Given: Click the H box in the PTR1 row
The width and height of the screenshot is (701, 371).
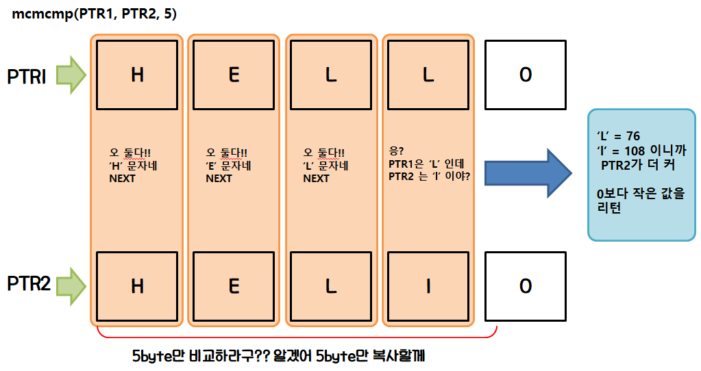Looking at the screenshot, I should point(137,75).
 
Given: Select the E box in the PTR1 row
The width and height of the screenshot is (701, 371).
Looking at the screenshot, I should point(234,75).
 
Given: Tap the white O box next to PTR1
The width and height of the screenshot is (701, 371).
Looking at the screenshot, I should point(526,75).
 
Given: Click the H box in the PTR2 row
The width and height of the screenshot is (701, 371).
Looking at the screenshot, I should point(137,285).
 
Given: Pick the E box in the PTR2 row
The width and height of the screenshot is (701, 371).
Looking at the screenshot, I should point(234,285).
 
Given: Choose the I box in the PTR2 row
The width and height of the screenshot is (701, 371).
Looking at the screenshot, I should point(428,285).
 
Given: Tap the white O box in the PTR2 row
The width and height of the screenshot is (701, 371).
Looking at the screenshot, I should point(526,285).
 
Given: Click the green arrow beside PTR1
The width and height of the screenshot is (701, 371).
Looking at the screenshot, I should point(71,75).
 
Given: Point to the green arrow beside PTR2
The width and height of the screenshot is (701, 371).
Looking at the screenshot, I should point(71,285).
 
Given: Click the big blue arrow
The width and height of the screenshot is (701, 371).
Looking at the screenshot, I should point(527,172).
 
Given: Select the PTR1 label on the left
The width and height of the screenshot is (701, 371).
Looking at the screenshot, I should point(27,76).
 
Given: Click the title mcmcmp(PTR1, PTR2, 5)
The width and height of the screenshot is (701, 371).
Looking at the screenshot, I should point(94,14).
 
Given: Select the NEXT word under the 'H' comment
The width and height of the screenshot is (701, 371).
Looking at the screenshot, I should point(123,179).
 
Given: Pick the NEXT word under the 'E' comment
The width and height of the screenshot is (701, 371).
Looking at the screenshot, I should point(219,179).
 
